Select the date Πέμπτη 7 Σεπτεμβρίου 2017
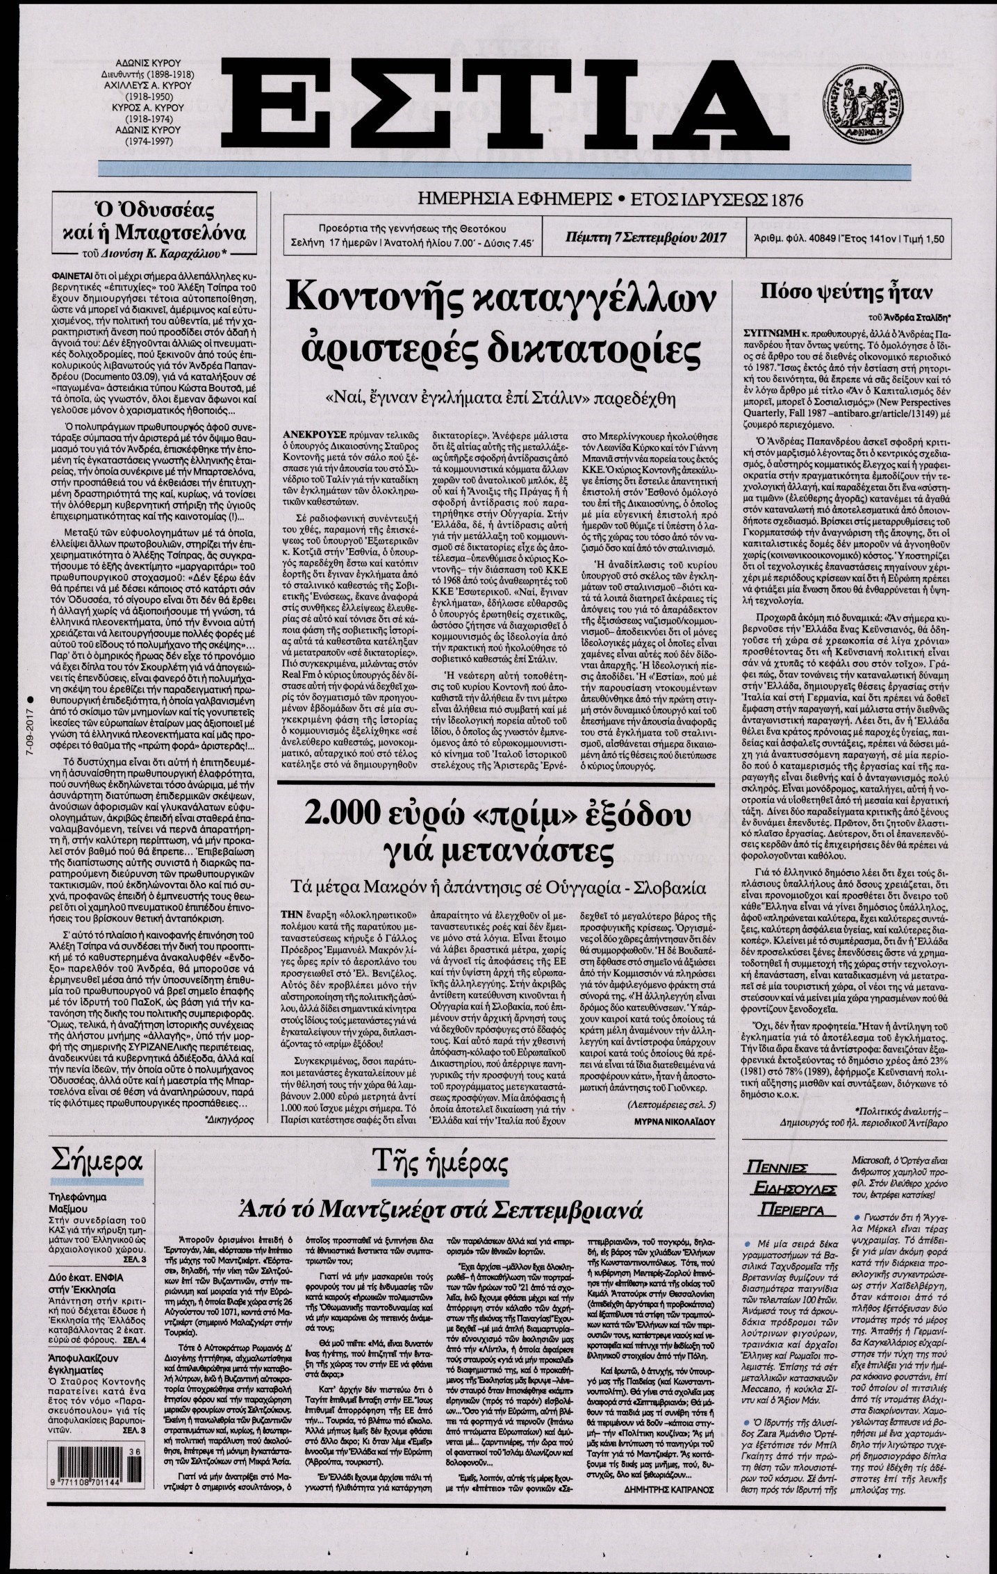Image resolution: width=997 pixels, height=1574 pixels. coord(645,237)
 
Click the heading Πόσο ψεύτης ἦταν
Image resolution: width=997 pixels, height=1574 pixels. coord(848,291)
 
